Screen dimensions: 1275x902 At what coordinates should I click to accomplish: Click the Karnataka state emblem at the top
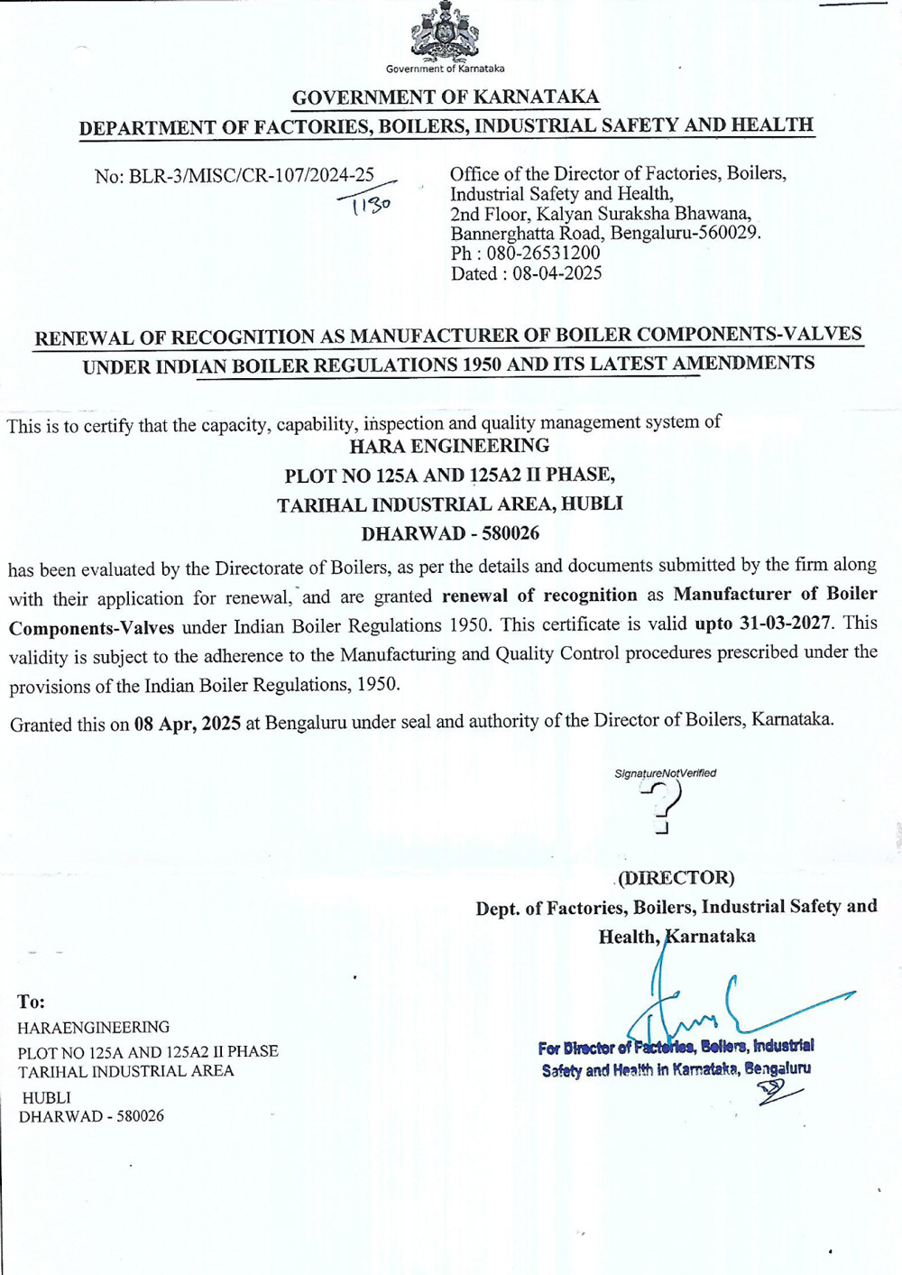coord(445,33)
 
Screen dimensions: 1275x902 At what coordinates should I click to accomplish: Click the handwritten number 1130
coord(371,205)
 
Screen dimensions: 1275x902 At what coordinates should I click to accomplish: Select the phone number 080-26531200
coord(543,254)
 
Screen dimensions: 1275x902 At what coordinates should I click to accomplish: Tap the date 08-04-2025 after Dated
coord(557,273)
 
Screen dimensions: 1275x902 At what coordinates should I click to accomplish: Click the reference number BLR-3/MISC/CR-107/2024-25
coord(251,175)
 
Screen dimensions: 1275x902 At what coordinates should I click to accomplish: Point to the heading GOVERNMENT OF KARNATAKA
coord(446,97)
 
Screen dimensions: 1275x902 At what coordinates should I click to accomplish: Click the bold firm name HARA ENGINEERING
coord(449,446)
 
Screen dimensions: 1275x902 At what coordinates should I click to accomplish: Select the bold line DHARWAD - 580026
coord(450,533)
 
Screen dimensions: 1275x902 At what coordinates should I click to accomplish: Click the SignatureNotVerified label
coord(665,773)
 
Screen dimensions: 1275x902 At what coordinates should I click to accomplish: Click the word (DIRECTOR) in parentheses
coord(676,877)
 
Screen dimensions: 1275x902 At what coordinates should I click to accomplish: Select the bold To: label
coord(32,1002)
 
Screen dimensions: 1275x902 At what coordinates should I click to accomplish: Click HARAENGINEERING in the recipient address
coord(94,1027)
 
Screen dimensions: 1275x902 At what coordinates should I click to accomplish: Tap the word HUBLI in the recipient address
coord(47,1097)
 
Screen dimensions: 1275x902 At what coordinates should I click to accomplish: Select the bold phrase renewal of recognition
coord(539,595)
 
